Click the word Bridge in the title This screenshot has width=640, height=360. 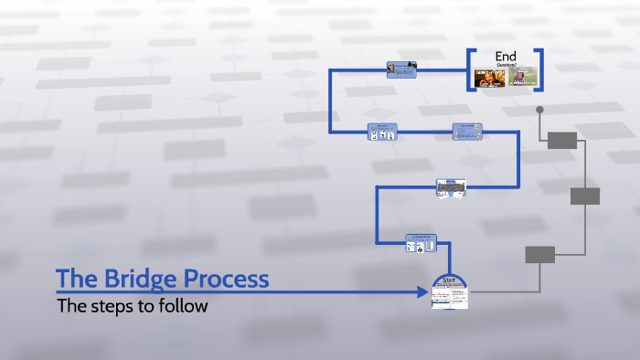pos(131,279)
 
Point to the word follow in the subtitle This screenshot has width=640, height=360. pos(184,306)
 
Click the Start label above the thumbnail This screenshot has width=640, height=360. pos(449,281)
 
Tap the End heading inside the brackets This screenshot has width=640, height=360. pos(506,56)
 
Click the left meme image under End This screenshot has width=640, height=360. pos(488,77)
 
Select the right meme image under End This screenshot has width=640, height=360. pos(522,77)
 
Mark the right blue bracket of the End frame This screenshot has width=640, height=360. pos(541,69)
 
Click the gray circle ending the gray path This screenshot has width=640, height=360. pos(539,110)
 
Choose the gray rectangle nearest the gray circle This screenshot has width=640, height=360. pos(562,140)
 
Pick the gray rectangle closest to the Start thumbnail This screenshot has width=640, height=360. pos(539,255)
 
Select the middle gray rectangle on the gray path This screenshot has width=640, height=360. pos(585,196)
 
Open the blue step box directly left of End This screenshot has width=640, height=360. pos(402,69)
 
